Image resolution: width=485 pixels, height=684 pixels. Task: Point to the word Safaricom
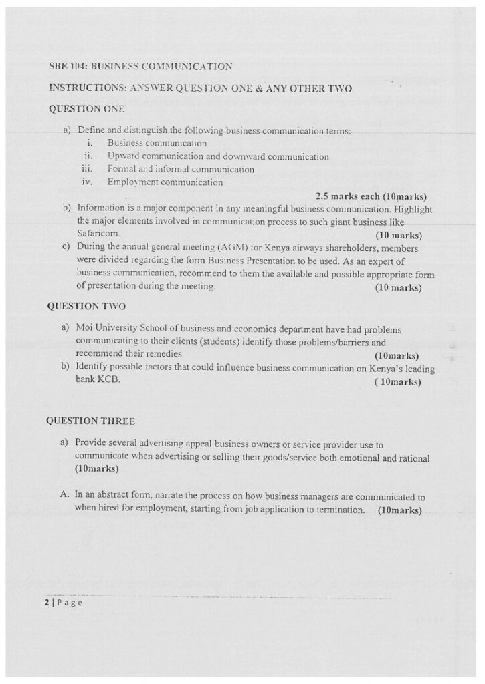coord(98,234)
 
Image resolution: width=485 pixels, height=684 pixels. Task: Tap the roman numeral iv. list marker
coord(86,182)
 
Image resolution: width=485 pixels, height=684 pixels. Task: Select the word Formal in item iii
coord(122,170)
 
